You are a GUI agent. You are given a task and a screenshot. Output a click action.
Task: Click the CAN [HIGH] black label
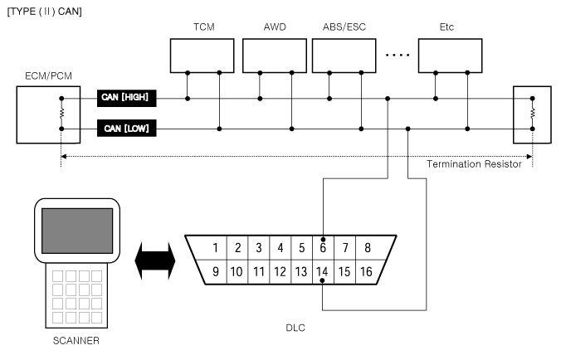(127, 98)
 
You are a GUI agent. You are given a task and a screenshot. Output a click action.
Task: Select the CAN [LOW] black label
(127, 128)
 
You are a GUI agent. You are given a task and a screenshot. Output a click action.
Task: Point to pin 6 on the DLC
(323, 248)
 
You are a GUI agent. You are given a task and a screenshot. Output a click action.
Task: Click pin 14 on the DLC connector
(322, 272)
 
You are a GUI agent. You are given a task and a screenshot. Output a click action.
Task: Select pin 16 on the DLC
(366, 272)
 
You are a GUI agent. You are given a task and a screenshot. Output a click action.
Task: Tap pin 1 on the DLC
(216, 248)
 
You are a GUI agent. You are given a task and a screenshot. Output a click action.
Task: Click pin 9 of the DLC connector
(216, 272)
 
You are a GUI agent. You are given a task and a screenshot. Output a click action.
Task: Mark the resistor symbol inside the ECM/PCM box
(61, 114)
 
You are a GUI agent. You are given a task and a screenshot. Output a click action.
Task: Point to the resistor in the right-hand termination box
(533, 114)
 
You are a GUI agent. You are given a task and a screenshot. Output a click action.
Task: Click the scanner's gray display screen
(77, 231)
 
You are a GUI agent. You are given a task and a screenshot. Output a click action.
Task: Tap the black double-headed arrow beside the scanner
(155, 260)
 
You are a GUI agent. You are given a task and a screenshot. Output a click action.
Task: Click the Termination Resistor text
(474, 164)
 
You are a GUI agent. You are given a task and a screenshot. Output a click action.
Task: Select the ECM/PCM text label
(48, 75)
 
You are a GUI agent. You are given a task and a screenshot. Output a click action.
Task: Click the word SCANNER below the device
(76, 341)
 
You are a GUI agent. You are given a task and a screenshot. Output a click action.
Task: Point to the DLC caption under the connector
(295, 328)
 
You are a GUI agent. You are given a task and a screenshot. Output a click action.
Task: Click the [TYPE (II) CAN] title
(44, 12)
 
